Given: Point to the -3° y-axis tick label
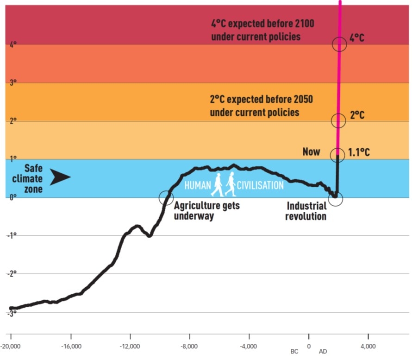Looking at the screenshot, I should (x=12, y=313).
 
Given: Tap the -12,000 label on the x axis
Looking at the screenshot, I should (x=130, y=346).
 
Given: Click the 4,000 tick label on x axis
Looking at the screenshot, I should (x=368, y=346).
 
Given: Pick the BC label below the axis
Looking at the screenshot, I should (x=294, y=352).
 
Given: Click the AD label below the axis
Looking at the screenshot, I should (x=323, y=352).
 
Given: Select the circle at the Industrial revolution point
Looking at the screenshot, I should (x=336, y=199).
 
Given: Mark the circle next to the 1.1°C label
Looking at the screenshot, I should (x=337, y=155).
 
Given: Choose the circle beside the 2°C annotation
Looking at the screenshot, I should (x=338, y=120).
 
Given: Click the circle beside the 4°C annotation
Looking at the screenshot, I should (x=339, y=44).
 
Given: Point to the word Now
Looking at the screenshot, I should (x=311, y=152).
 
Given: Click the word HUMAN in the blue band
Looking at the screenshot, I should (x=197, y=185).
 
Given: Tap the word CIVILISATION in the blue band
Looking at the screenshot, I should (x=260, y=185).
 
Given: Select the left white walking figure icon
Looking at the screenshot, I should (x=217, y=184).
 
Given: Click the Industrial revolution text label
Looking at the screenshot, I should (x=307, y=211).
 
